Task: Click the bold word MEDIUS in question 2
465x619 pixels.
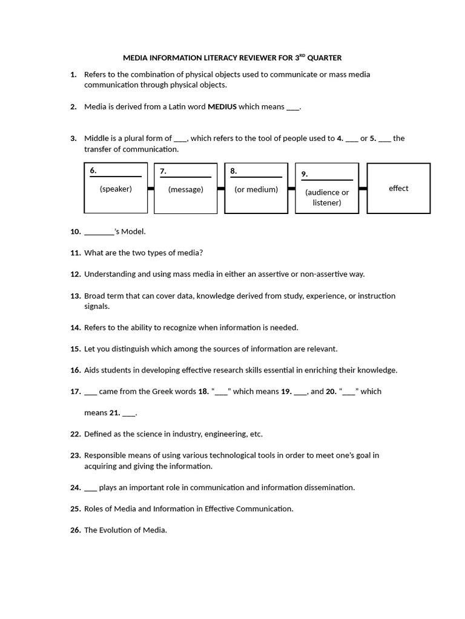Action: click(x=222, y=107)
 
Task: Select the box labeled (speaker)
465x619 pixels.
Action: click(x=116, y=188)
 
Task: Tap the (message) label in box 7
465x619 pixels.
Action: click(x=186, y=189)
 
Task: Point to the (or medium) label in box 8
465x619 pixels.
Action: click(x=256, y=189)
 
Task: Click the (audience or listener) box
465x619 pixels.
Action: click(x=327, y=197)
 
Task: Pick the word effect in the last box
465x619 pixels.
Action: click(x=398, y=188)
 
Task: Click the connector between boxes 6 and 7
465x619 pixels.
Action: click(x=151, y=189)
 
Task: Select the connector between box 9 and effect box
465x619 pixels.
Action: click(x=363, y=189)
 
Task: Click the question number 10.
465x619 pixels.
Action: click(x=75, y=232)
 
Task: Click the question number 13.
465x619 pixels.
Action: click(x=75, y=296)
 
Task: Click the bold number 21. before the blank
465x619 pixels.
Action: click(x=114, y=413)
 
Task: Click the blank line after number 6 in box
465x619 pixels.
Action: click(x=116, y=176)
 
